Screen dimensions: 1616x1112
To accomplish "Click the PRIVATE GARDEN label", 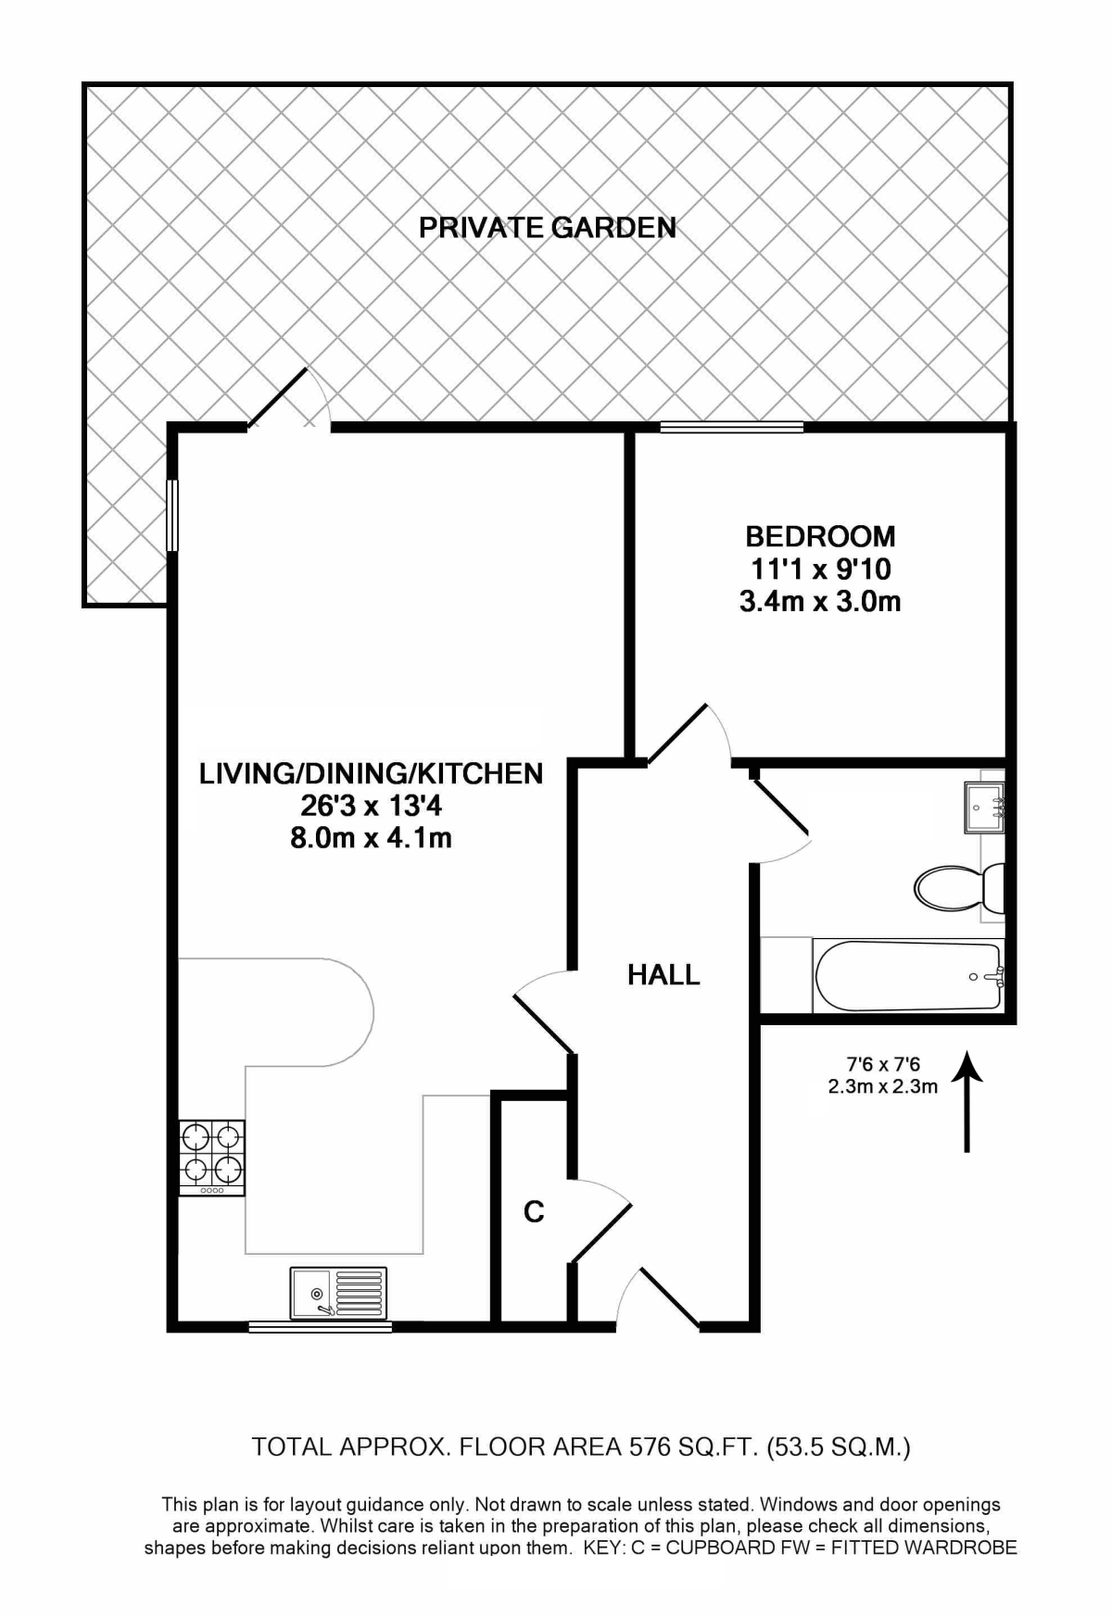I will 547,227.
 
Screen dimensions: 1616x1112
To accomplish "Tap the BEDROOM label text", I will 820,536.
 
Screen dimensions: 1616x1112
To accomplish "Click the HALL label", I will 663,974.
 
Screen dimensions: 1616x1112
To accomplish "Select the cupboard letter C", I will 534,1211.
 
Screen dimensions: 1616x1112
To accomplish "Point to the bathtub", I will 908,976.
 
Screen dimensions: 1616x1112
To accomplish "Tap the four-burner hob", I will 212,1157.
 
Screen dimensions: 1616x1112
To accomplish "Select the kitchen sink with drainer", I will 338,1292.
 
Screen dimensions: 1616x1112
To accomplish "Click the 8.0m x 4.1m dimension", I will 371,838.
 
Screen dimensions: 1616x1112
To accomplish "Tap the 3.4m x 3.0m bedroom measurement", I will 820,602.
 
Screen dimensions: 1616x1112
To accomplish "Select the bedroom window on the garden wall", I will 731,427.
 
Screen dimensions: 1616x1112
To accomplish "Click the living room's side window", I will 172,516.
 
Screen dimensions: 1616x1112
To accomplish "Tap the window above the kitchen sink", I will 321,1327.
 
